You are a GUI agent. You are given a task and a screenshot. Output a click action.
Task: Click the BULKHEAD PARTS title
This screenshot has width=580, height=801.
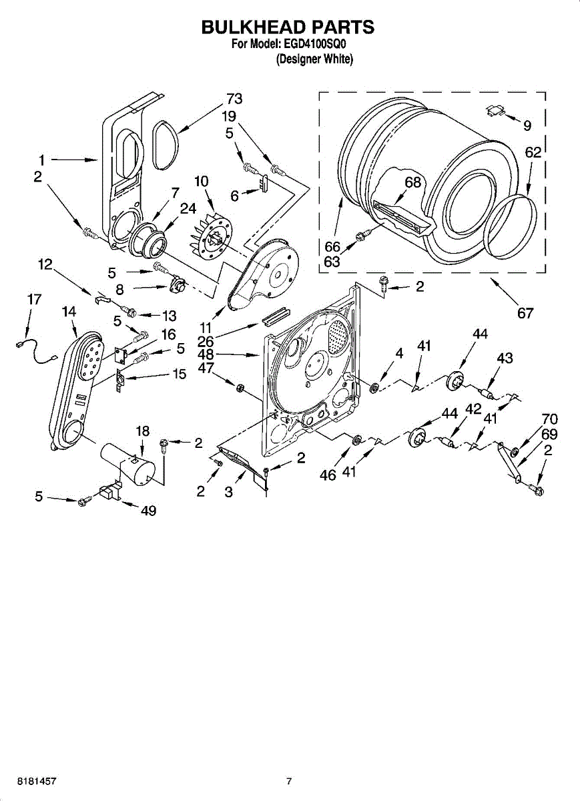pyautogui.click(x=288, y=27)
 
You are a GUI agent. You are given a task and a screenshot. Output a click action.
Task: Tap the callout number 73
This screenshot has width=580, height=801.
pyautogui.click(x=234, y=99)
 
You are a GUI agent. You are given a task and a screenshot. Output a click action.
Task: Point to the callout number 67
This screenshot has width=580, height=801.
pyautogui.click(x=525, y=312)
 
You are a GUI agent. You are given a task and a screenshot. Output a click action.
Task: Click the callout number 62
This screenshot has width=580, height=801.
pyautogui.click(x=533, y=153)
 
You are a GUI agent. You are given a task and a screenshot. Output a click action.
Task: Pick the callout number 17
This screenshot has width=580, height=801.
pyautogui.click(x=35, y=300)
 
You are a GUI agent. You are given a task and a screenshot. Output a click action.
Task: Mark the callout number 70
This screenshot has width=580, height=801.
pyautogui.click(x=549, y=419)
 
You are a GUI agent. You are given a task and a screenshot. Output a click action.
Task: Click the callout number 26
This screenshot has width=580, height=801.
pyautogui.click(x=206, y=340)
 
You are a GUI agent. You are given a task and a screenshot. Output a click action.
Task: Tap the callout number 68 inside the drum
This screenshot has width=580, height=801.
pyautogui.click(x=413, y=182)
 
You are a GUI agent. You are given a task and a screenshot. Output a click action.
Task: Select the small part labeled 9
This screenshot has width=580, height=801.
pyautogui.click(x=494, y=111)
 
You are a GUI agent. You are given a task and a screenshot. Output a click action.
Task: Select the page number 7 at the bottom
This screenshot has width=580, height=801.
pyautogui.click(x=289, y=780)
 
